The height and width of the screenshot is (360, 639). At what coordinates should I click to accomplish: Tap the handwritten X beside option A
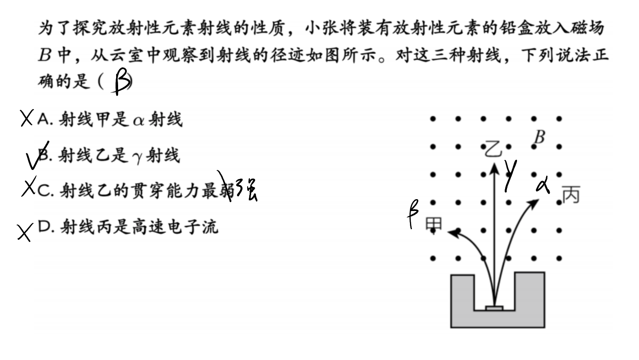(27, 118)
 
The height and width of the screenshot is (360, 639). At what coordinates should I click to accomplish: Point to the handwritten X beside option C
(29, 186)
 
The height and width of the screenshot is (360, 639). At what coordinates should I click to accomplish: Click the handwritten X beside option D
(25, 232)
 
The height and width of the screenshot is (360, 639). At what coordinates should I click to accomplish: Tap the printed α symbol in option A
(139, 121)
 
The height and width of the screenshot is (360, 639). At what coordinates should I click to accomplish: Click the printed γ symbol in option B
(137, 158)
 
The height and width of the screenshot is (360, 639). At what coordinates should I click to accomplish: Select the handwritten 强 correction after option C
(247, 190)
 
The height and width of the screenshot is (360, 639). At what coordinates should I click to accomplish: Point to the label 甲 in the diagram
(434, 224)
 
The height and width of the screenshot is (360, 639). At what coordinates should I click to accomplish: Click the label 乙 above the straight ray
(493, 149)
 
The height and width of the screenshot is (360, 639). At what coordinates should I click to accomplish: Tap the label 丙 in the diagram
(571, 194)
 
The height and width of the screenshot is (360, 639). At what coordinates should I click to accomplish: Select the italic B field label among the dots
(540, 137)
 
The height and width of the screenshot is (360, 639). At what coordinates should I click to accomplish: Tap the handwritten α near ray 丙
(543, 185)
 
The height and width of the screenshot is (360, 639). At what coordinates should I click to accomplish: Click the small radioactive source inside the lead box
(494, 308)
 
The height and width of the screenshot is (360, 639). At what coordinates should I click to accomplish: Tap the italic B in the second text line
(45, 55)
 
